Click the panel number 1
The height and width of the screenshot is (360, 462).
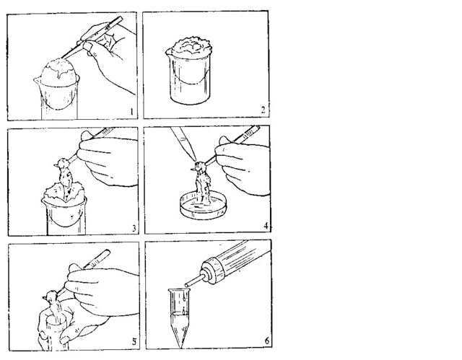pyautogui.click(x=131, y=112)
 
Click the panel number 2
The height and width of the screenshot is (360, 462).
pyautogui.click(x=263, y=110)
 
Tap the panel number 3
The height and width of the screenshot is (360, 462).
pyautogui.click(x=134, y=229)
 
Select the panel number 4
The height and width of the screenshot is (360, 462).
pyautogui.click(x=266, y=226)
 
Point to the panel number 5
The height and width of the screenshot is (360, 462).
pyautogui.click(x=134, y=342)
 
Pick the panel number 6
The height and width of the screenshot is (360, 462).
pyautogui.click(x=266, y=341)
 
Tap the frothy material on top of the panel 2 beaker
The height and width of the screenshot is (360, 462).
pyautogui.click(x=191, y=47)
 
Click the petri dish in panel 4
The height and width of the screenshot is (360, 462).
pyautogui.click(x=204, y=205)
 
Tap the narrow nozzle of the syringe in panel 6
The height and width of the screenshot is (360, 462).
pyautogui.click(x=194, y=281)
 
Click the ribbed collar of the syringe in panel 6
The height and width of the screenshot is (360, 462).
pyautogui.click(x=212, y=271)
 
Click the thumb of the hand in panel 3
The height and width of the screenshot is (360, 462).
pyautogui.click(x=87, y=136)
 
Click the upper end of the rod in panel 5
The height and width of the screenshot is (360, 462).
pyautogui.click(x=107, y=253)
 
